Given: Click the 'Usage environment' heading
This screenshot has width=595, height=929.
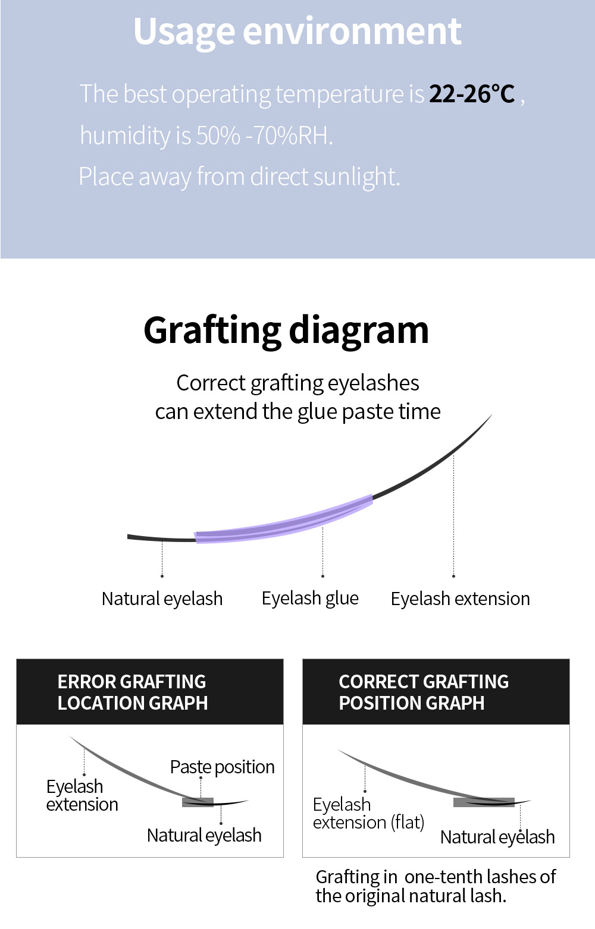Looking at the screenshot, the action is [297, 31].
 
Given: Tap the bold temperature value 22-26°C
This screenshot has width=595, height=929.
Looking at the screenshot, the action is [472, 94].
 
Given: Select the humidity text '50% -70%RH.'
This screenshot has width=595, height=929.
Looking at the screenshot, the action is [264, 136].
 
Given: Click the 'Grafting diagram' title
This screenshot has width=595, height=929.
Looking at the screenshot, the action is [286, 330].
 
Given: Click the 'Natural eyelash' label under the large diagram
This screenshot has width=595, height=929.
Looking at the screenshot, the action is [162, 599].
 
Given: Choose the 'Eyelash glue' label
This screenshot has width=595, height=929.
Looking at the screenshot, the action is [310, 599].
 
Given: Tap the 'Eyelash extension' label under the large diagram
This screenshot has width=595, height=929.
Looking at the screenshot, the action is [460, 599].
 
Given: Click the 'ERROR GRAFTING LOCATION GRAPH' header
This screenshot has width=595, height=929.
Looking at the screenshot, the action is [132, 692].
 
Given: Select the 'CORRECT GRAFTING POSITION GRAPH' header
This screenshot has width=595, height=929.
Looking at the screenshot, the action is [424, 692].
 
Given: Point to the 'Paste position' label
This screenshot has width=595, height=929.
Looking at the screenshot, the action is [222, 767].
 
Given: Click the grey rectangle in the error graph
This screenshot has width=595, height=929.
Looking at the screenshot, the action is [198, 802].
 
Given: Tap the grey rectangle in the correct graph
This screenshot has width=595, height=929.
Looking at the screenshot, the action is [483, 802].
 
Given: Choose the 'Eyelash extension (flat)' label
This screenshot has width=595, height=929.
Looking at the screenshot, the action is [368, 814].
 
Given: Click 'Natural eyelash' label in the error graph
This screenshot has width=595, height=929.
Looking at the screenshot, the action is [204, 836].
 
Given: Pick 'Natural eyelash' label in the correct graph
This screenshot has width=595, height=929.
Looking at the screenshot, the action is [497, 837].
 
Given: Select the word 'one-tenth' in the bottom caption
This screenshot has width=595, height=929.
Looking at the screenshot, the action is [443, 877].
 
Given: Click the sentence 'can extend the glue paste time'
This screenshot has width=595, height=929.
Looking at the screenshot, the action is [297, 411].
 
